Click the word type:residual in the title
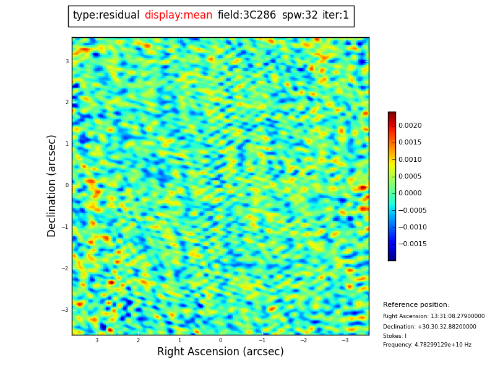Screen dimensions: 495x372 (x=106, y=15)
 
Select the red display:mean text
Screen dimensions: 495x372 (x=178, y=15)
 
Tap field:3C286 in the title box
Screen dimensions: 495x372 (x=246, y=15)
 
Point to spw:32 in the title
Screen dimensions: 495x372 (x=299, y=15)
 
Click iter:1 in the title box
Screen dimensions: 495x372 (x=335, y=15)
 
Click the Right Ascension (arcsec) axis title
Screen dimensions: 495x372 (x=220, y=352)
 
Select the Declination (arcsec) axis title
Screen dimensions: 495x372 (x=51, y=186)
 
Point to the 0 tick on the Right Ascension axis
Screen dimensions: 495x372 (x=220, y=340)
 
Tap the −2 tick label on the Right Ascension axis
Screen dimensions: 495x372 (x=303, y=340)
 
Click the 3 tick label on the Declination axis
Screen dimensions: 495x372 (x=67, y=61)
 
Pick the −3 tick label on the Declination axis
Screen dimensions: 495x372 (x=65, y=309)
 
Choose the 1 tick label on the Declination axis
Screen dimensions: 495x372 (x=67, y=144)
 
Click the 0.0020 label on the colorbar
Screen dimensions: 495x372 (x=410, y=126)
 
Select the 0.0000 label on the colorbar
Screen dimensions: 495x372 (x=410, y=193)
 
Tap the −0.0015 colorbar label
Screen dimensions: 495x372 (x=412, y=244)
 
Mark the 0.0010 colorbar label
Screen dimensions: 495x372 (x=410, y=159)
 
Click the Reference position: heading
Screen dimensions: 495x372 (x=416, y=304)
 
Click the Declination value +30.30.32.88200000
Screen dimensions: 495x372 (x=447, y=327)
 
